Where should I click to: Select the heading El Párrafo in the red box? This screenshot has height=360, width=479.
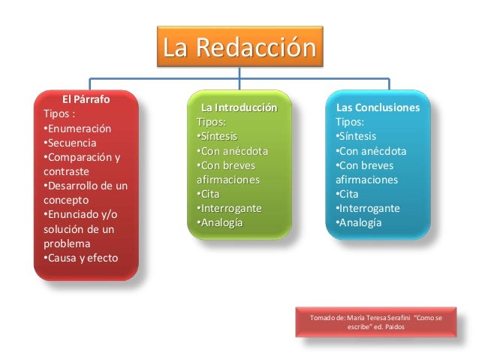(x=86, y=99)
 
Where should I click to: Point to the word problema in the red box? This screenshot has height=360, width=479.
(x=66, y=244)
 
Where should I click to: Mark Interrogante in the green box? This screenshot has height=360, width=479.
(x=227, y=208)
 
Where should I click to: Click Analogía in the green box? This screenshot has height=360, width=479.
(x=219, y=223)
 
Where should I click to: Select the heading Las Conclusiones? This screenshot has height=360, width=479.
(x=378, y=107)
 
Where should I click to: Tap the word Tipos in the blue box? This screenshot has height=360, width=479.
(x=350, y=122)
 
